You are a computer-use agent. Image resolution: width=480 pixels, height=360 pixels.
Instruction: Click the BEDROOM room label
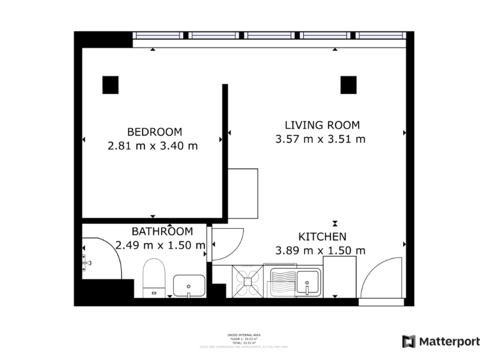tap(154, 132)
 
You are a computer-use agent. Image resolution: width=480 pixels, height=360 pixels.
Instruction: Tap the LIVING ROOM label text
tap(322, 125)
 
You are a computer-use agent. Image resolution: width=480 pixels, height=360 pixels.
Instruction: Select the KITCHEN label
tap(322, 237)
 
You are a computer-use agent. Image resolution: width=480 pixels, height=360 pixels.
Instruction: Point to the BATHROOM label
tap(161, 232)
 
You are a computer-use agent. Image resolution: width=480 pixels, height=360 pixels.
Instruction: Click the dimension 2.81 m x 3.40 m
tap(153, 146)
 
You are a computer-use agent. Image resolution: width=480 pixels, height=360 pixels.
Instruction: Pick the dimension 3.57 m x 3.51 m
tap(320, 139)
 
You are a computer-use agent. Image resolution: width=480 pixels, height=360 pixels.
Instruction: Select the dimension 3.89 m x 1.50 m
tap(321, 251)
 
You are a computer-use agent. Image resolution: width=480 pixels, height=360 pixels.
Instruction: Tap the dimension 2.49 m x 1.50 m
tap(161, 246)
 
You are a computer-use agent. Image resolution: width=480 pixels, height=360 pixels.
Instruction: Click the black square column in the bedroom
tap(111, 84)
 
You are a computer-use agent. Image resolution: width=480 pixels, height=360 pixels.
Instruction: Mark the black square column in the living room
tap(348, 84)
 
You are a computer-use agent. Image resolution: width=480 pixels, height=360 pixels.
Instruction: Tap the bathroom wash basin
tap(188, 286)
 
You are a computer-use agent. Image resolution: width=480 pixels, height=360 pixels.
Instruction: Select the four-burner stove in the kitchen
tap(249, 281)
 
